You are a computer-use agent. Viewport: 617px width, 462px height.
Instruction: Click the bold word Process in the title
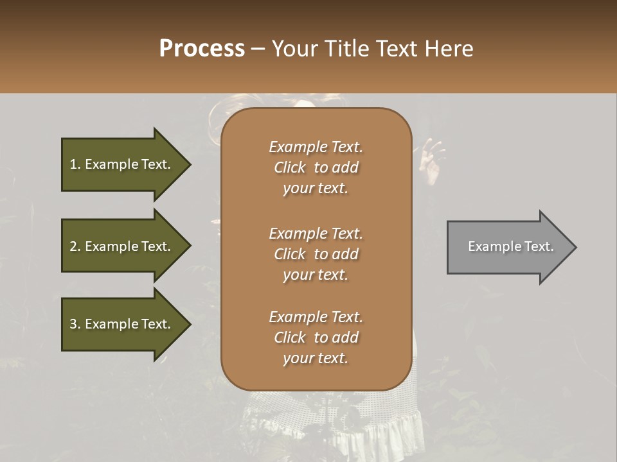pos(202,49)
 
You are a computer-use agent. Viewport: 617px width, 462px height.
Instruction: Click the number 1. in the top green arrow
pos(75,164)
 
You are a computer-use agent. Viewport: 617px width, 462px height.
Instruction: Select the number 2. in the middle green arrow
pos(75,246)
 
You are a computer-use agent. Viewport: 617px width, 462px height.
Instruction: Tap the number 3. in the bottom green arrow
pos(75,324)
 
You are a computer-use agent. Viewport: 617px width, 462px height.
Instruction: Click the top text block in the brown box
pos(316,167)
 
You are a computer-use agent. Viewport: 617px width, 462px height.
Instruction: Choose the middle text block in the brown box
pos(316,254)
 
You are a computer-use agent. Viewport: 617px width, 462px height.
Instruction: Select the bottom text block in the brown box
pos(316,338)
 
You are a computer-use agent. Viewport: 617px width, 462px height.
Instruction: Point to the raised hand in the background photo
pos(431,160)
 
